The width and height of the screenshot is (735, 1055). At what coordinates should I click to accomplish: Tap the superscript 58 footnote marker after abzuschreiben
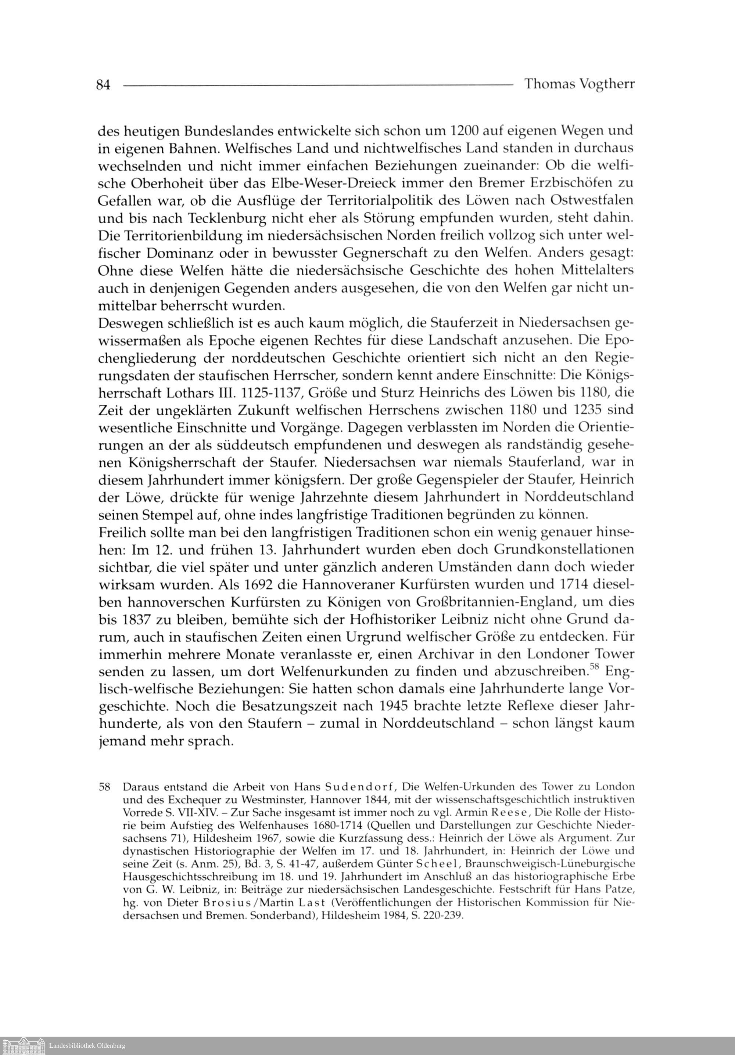point(596,667)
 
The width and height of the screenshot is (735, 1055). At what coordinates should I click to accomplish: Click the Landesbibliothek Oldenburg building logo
point(24,1045)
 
